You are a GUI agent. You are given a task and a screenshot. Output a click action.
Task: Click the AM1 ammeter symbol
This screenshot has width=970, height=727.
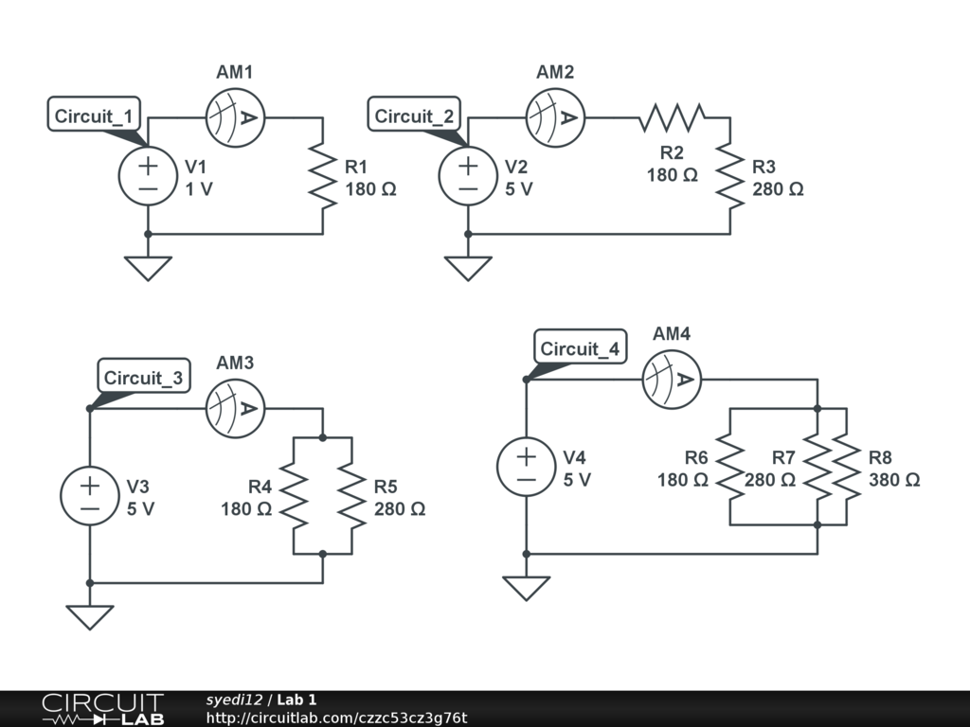(235, 117)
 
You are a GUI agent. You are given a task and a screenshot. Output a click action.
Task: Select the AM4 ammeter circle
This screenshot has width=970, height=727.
(672, 380)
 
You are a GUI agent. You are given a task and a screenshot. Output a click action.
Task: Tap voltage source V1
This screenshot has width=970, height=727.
(148, 176)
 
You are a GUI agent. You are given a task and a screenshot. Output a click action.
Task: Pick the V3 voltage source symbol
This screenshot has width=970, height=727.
(90, 496)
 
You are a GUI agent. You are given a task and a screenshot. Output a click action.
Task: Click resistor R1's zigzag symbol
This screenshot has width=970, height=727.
(322, 176)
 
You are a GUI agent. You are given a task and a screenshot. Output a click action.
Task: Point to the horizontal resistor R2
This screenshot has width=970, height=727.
(672, 117)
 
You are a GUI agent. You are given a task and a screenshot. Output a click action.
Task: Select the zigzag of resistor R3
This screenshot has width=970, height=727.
(730, 176)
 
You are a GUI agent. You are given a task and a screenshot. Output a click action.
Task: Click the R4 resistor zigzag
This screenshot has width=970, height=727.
(294, 496)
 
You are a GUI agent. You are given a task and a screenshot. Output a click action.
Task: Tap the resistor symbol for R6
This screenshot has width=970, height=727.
(730, 467)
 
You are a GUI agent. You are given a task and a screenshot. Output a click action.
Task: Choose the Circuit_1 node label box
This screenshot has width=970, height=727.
(94, 115)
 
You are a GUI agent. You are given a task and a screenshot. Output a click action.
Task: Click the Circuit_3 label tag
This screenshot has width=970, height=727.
(144, 376)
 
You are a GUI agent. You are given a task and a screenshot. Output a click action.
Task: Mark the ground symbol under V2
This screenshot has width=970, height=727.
(468, 268)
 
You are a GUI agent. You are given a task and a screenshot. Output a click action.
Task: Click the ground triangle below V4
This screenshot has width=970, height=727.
(527, 588)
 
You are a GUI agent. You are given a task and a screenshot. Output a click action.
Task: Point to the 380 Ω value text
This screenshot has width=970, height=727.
(894, 480)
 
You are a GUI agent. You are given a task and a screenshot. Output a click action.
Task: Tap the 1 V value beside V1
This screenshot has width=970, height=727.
(199, 189)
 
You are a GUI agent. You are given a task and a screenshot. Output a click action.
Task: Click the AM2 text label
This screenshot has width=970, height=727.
(555, 72)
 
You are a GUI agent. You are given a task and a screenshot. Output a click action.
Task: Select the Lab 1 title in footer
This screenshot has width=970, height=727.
(296, 700)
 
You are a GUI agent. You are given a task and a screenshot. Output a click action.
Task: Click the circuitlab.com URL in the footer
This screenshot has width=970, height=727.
(336, 718)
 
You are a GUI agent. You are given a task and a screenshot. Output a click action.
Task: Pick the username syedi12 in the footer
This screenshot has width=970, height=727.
(234, 700)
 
